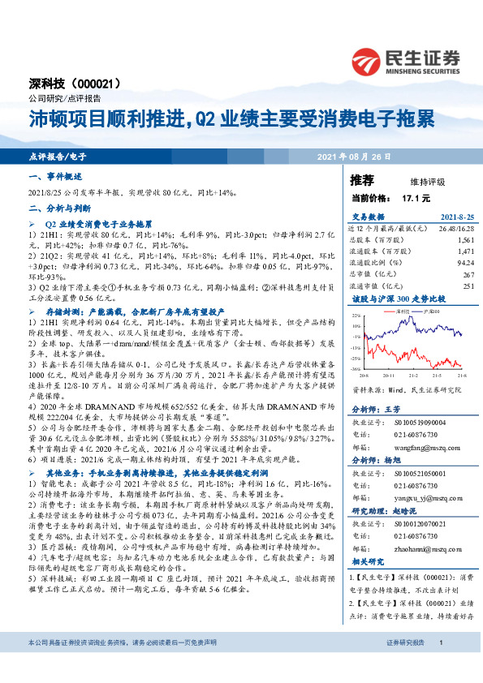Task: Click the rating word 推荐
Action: [362, 178]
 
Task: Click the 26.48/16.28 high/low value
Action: [455, 228]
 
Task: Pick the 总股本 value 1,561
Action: [465, 241]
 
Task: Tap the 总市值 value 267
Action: [468, 274]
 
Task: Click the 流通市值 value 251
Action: [468, 286]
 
